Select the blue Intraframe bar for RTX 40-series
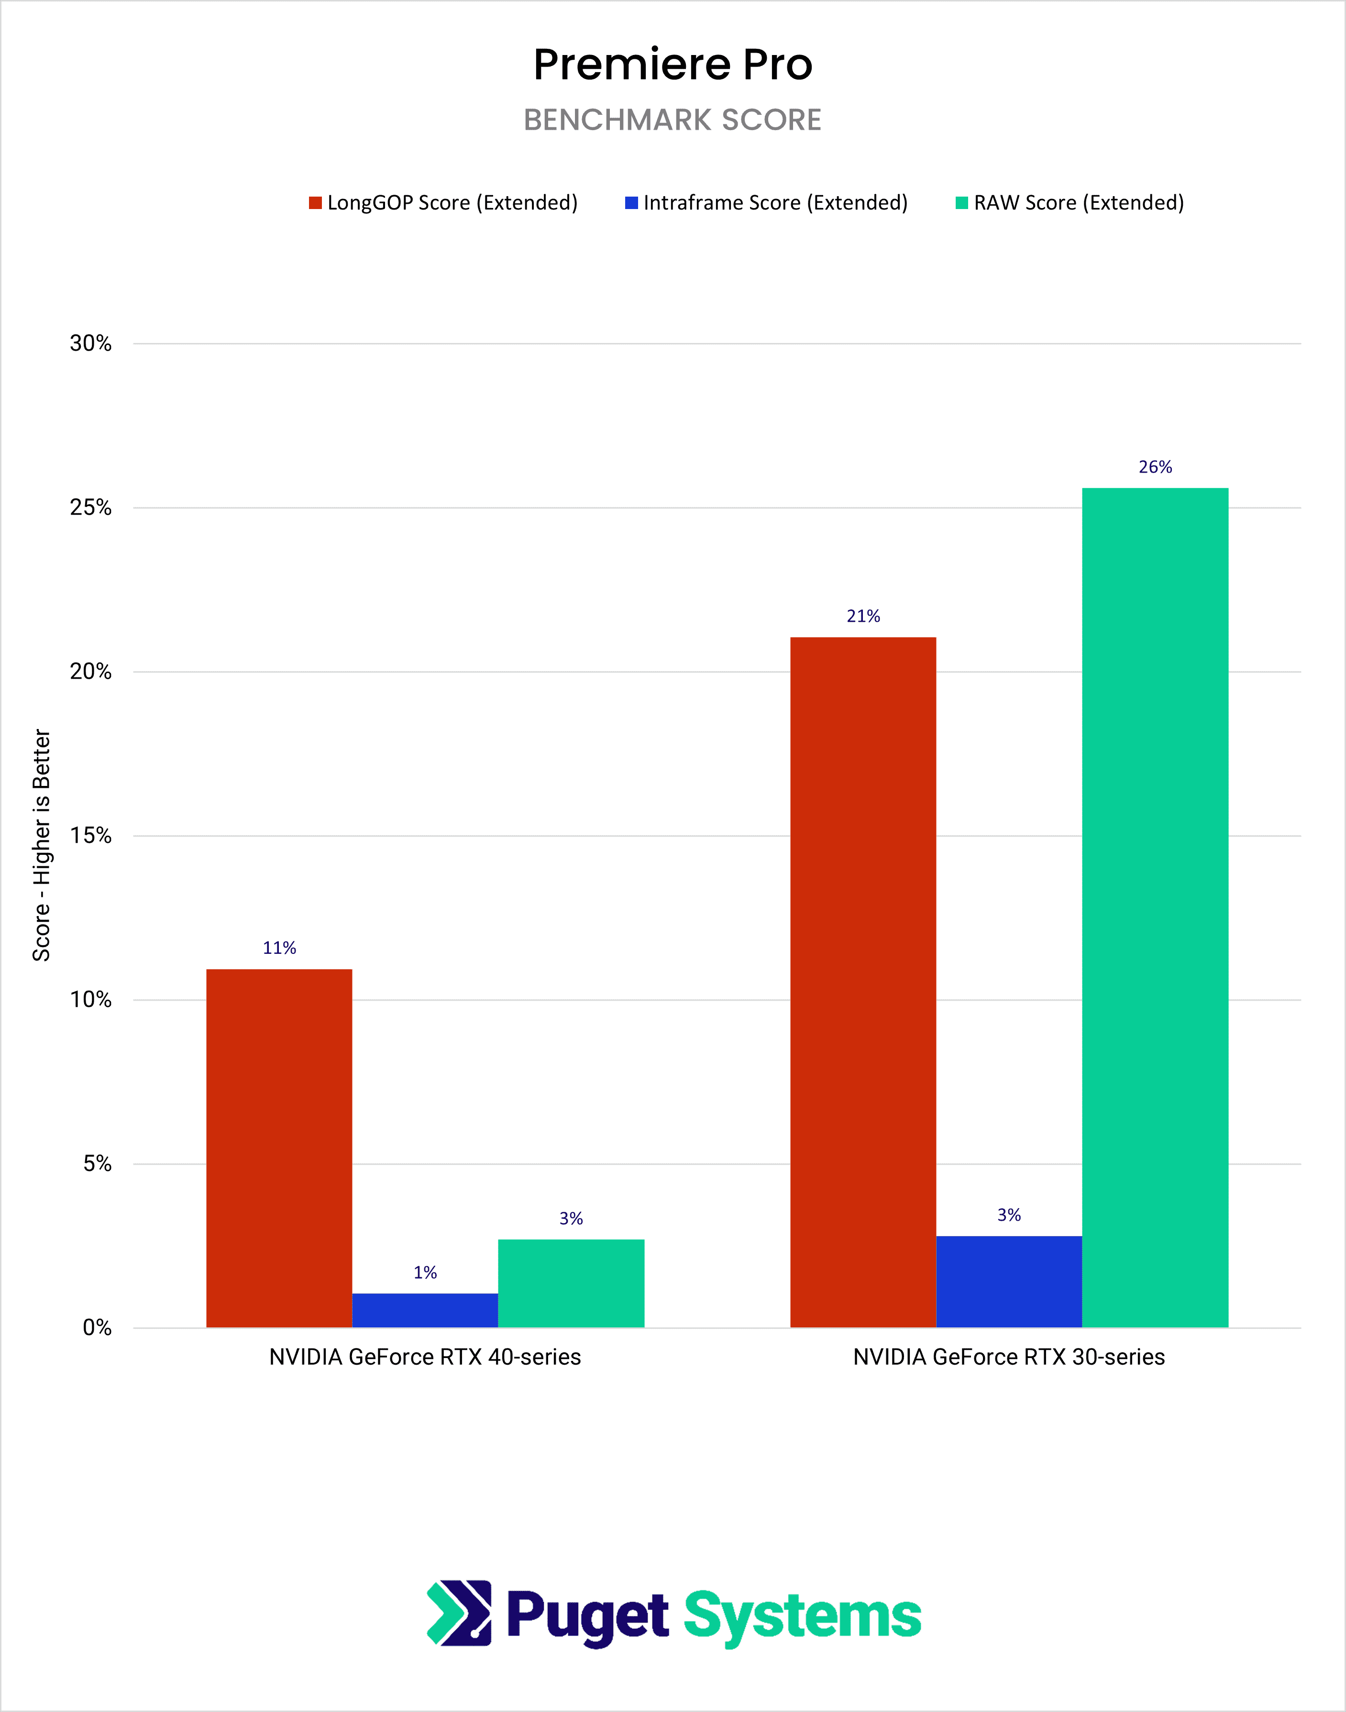coord(425,1310)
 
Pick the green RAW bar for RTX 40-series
coord(571,1283)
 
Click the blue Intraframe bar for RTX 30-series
coord(1009,1281)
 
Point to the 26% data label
coord(1155,466)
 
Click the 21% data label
coord(863,616)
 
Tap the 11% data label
coord(279,948)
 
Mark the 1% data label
coord(425,1272)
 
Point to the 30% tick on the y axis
coord(90,343)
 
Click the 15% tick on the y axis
coord(90,836)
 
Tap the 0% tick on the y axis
coord(97,1327)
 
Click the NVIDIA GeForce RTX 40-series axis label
coord(425,1357)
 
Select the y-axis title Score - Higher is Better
coord(41,844)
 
